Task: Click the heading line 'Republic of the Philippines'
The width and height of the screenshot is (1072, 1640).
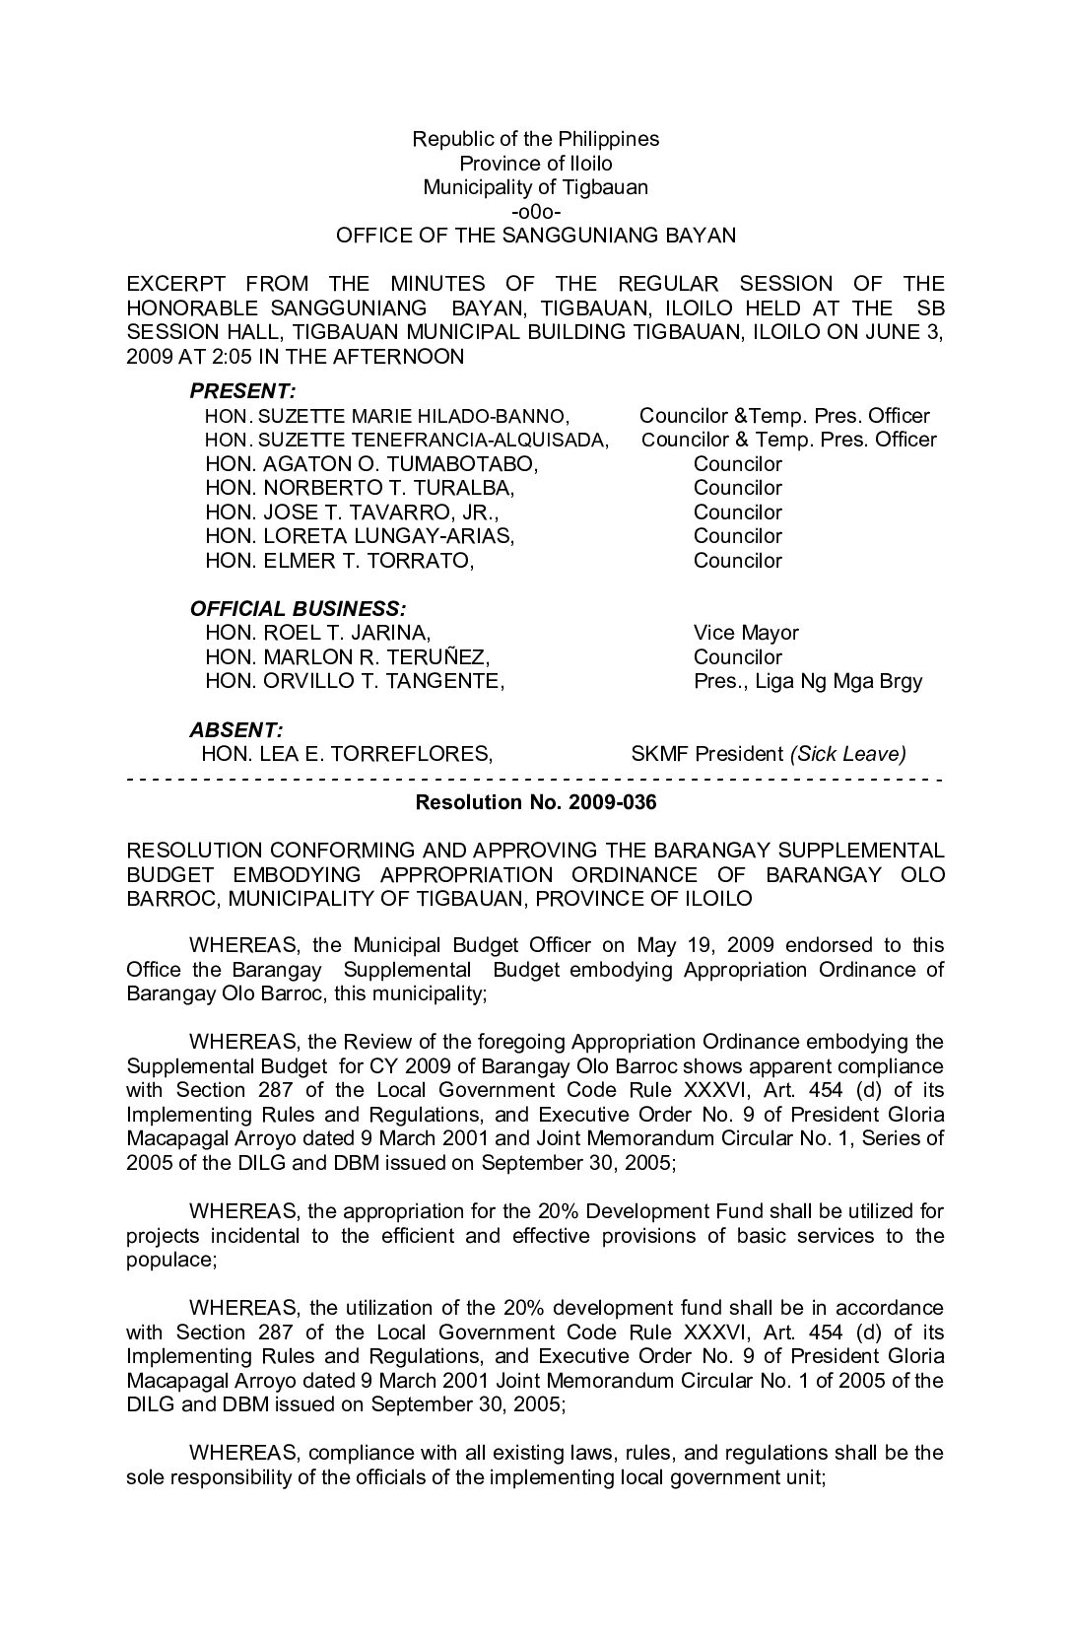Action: [x=535, y=139]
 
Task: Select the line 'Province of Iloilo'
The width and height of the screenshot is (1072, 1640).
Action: [x=535, y=164]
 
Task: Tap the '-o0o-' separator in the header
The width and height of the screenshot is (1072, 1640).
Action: [x=535, y=212]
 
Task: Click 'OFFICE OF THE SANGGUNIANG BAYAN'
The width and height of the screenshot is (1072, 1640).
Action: [x=535, y=236]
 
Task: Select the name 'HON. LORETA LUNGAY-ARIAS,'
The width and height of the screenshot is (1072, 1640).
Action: [x=360, y=536]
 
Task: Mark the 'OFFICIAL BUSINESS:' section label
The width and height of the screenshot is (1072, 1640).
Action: [x=297, y=609]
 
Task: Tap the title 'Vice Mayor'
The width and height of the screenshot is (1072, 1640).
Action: [x=746, y=633]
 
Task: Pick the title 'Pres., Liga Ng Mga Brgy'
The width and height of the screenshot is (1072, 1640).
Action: [x=808, y=681]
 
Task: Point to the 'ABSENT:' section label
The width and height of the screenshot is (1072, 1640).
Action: [x=235, y=730]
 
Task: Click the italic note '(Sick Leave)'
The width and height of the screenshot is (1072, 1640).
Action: [x=847, y=755]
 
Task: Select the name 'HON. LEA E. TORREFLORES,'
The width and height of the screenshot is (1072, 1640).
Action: [x=347, y=755]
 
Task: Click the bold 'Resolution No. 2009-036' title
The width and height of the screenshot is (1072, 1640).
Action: [x=535, y=802]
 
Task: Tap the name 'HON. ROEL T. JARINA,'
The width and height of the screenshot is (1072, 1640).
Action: [x=317, y=633]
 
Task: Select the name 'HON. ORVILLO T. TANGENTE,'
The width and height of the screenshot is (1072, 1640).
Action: [x=355, y=681]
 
